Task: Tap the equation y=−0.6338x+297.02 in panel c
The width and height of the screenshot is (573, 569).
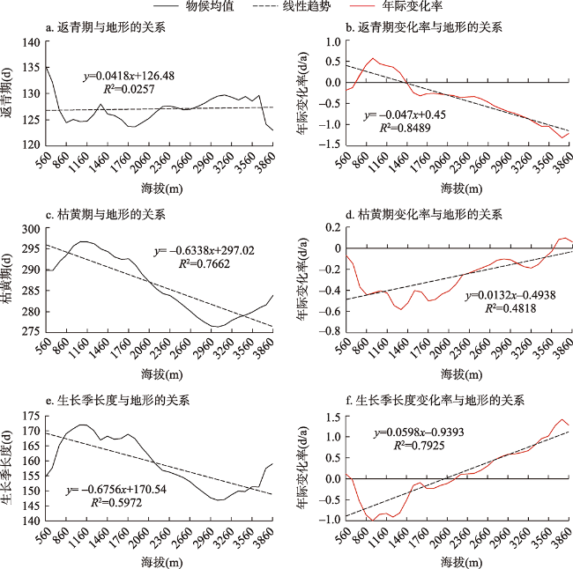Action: coord(204,251)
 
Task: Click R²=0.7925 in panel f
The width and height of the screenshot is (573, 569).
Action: coord(413,447)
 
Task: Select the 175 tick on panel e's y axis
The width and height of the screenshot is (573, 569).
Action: coord(29,416)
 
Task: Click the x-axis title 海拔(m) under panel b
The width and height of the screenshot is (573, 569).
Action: coord(458,188)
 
